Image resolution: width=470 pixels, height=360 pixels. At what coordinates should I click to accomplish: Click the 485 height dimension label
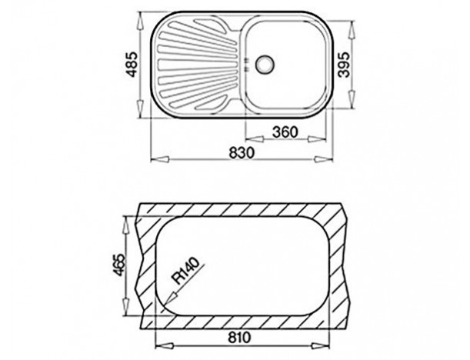132,65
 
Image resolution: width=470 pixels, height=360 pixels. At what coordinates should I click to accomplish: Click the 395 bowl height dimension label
345,65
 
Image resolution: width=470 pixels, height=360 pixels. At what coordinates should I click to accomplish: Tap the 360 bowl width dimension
285,132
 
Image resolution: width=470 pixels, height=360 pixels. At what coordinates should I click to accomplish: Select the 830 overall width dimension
242,152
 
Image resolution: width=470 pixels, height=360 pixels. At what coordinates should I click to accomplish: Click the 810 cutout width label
239,338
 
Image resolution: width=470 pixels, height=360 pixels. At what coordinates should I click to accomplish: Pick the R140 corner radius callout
186,271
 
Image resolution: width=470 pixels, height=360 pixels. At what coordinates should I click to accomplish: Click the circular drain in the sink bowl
265,65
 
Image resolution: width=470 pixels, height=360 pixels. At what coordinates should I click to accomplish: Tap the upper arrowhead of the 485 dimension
140,22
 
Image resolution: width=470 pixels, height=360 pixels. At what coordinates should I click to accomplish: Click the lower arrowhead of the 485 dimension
140,108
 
